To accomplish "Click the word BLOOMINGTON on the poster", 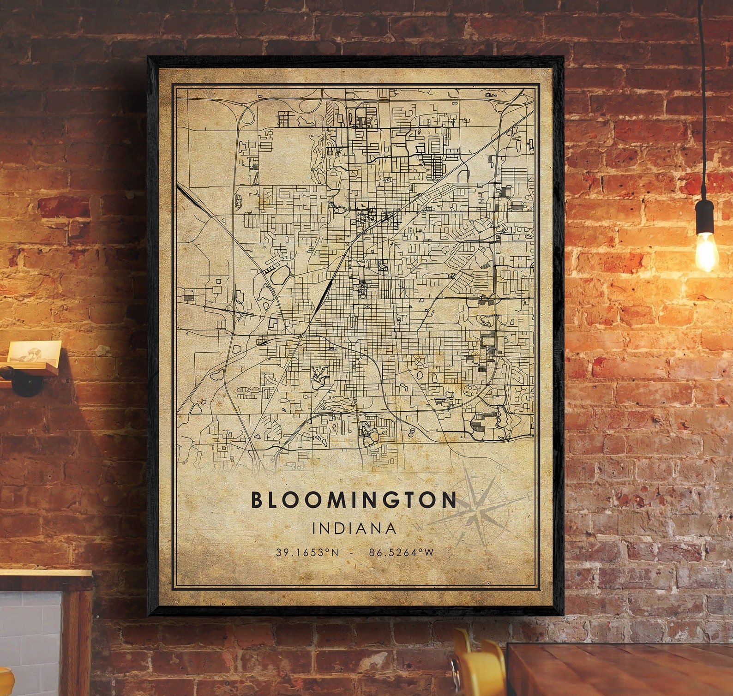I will click(354, 500).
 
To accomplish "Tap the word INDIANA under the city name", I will click(354, 528).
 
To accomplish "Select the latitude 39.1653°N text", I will click(307, 552).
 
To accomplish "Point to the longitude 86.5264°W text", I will click(402, 552).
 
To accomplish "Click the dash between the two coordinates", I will click(354, 552).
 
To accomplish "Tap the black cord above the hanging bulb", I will click(703, 92).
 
